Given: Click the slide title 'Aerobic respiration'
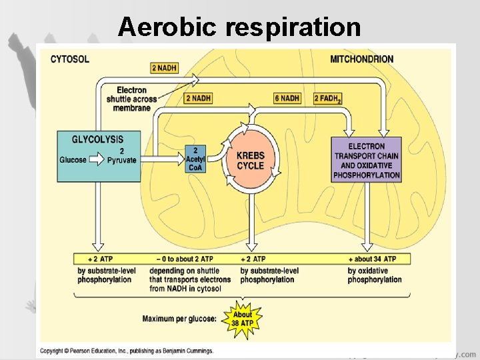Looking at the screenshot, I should (x=240, y=27).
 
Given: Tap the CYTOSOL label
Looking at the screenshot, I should (x=70, y=59).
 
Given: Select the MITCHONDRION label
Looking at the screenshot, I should (x=361, y=59).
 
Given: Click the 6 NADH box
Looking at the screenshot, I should (x=287, y=98).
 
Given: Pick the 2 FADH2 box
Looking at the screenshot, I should (x=327, y=99).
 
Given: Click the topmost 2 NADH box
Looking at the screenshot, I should (x=163, y=67).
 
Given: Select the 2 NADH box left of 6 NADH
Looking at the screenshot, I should (x=198, y=98).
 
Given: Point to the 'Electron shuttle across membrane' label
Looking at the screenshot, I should (x=131, y=99).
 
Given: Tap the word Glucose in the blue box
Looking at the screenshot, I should (x=73, y=160).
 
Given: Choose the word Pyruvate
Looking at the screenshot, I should (x=121, y=160).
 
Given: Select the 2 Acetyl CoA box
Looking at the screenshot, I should (x=195, y=159).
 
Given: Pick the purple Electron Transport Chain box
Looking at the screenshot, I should (x=367, y=160).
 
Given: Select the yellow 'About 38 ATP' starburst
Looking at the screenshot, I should (x=243, y=319).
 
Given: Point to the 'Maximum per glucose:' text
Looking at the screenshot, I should (x=179, y=319).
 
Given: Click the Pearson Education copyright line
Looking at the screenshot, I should (x=126, y=350).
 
